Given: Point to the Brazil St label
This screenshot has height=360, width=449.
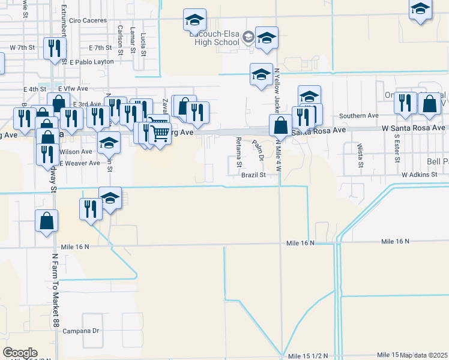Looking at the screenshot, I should pyautogui.click(x=253, y=175).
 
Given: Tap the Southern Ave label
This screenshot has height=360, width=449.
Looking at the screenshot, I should pyautogui.click(x=359, y=115).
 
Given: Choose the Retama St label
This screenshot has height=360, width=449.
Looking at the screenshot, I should pyautogui.click(x=238, y=152).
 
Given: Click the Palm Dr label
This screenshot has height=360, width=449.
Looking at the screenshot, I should pyautogui.click(x=259, y=151).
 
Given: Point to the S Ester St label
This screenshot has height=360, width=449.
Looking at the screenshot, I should pyautogui.click(x=397, y=148).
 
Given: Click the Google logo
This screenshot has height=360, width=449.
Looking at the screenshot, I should pyautogui.click(x=20, y=353).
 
